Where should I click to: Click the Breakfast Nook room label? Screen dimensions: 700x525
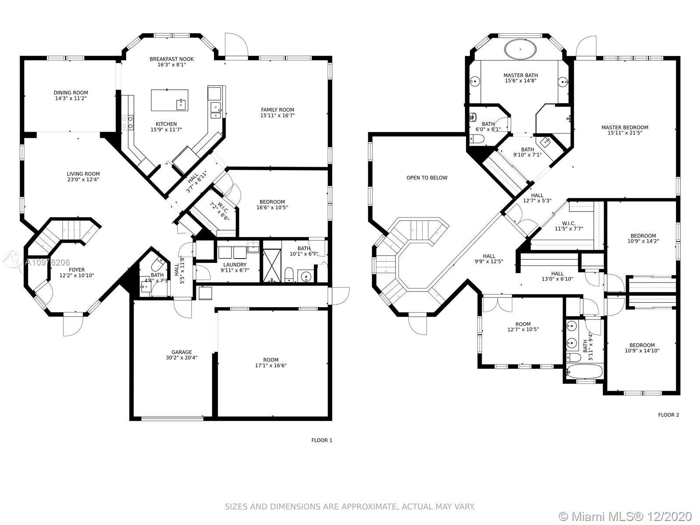tap(171, 59)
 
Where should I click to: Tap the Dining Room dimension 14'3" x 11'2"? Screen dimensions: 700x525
tap(71, 98)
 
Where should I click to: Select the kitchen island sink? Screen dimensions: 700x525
tap(181, 104)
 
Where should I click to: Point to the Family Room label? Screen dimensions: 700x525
tap(277, 110)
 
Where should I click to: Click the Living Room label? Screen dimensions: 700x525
tap(83, 174)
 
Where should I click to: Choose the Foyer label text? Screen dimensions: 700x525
tap(77, 269)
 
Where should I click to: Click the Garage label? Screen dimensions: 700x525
tap(182, 352)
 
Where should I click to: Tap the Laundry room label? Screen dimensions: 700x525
tap(234, 265)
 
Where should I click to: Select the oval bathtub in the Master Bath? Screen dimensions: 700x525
tap(520, 50)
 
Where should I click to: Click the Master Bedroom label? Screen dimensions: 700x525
tap(625, 127)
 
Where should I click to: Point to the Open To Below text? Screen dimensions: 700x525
tap(427, 178)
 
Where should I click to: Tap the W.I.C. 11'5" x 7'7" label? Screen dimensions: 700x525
tap(569, 226)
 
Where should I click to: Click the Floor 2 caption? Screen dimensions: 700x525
tap(668, 415)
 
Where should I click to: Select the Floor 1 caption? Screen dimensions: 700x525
tap(322, 440)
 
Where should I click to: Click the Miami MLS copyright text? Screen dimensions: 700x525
tap(626, 516)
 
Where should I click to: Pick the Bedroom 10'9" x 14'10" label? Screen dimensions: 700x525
tap(642, 348)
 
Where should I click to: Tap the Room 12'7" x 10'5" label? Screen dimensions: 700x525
tap(523, 327)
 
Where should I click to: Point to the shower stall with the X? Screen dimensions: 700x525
tap(272, 266)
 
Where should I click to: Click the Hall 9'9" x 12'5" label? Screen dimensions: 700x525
tap(489, 259)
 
